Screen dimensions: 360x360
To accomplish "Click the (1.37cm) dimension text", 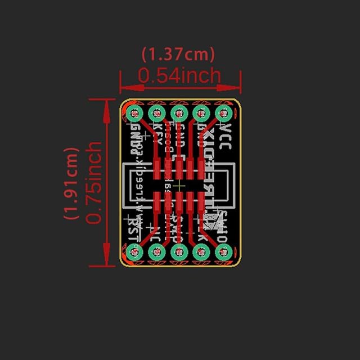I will click(178, 54).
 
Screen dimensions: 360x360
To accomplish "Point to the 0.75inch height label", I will click(94, 183).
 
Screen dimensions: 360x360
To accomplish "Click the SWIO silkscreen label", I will click(223, 225).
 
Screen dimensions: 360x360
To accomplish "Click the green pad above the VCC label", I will click(223, 113).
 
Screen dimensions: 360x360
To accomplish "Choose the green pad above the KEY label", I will click(156, 113).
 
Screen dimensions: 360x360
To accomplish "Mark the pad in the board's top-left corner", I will click(134, 113).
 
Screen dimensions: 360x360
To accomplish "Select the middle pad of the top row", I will click(178, 113).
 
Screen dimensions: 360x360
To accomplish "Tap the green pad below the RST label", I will click(134, 253).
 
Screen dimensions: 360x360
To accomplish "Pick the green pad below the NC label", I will click(156, 253).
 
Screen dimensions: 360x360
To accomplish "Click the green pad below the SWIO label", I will click(223, 253).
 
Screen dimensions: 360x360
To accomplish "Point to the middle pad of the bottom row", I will click(178, 253).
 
